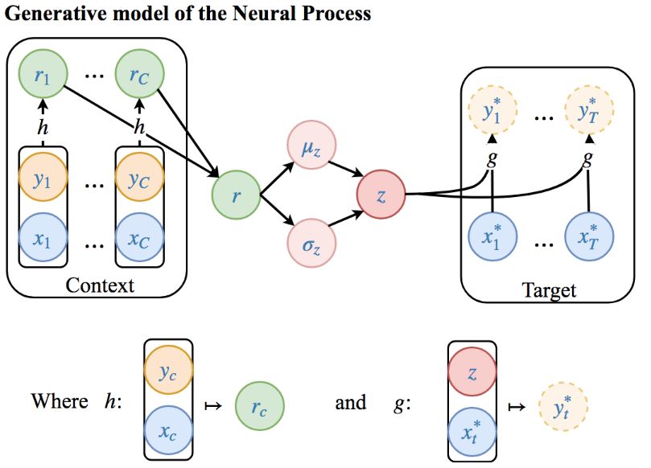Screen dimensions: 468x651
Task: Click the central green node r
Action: tap(236, 194)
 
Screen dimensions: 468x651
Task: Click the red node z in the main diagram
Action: tap(380, 194)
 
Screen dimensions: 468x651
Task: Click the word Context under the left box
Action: tap(99, 285)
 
